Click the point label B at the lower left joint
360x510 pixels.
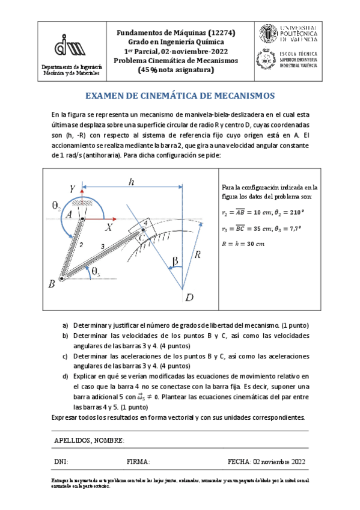[x=52, y=283]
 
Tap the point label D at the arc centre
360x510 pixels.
[x=189, y=298]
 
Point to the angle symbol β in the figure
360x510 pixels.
[x=175, y=261]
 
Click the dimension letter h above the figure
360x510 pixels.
[x=130, y=182]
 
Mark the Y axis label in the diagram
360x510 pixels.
[x=73, y=189]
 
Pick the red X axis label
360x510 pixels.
[x=109, y=227]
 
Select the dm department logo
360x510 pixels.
[x=70, y=44]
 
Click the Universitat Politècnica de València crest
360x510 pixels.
[x=268, y=35]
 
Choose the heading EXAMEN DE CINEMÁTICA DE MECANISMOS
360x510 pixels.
[x=180, y=96]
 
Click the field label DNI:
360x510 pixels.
[x=61, y=462]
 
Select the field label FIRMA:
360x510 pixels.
[x=138, y=462]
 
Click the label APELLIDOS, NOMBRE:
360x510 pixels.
[x=89, y=441]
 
